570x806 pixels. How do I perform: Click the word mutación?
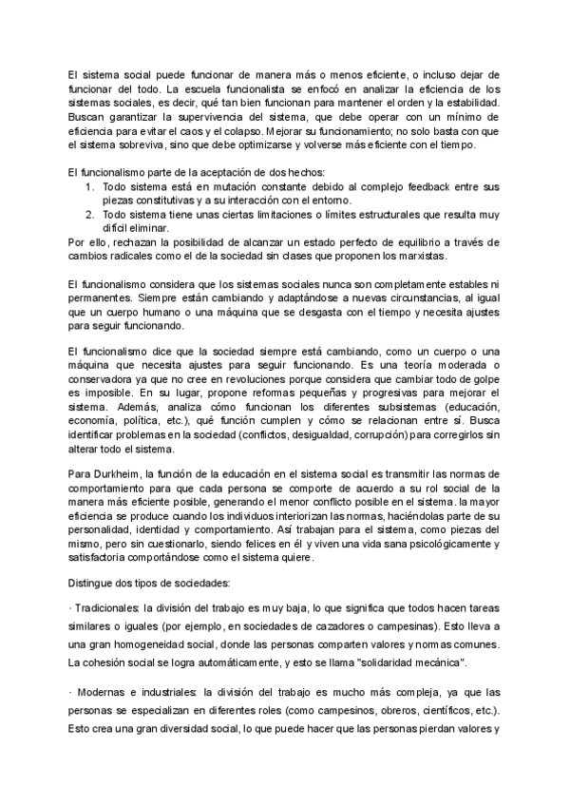point(212,187)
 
